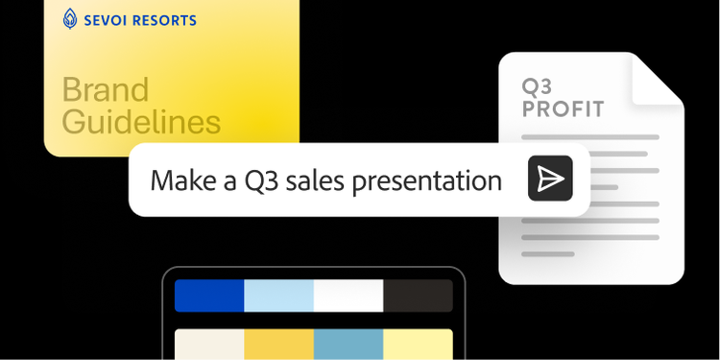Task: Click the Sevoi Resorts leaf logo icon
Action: pyautogui.click(x=70, y=19)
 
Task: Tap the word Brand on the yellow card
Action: pyautogui.click(x=106, y=89)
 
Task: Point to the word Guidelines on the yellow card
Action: pyautogui.click(x=141, y=122)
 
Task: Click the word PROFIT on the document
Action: pyautogui.click(x=563, y=109)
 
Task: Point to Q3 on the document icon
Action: pyautogui.click(x=537, y=86)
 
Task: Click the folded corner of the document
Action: pyautogui.click(x=658, y=80)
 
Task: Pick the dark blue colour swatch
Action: pyautogui.click(x=209, y=296)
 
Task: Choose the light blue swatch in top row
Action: pyautogui.click(x=278, y=296)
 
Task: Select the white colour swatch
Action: pyautogui.click(x=348, y=296)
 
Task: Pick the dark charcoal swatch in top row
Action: pyautogui.click(x=418, y=296)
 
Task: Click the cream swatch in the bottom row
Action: pyautogui.click(x=209, y=344)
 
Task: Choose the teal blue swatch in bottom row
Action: pyautogui.click(x=348, y=344)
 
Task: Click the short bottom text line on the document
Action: pyautogui.click(x=548, y=254)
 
